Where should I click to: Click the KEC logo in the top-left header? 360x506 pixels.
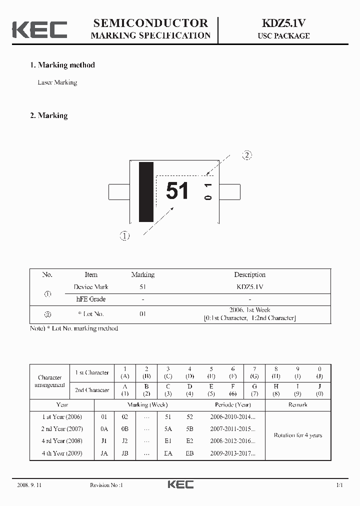(39, 29)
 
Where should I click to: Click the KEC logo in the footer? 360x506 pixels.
(180, 484)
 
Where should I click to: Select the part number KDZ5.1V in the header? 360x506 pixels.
(283, 23)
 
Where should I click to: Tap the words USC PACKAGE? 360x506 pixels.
(283, 36)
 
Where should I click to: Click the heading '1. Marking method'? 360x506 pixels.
(62, 65)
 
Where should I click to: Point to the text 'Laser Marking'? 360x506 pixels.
(57, 82)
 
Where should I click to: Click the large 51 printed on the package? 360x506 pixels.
(177, 191)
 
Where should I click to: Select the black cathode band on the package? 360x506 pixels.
(146, 192)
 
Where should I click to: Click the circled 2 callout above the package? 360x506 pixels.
(247, 155)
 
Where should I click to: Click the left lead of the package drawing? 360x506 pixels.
(119, 191)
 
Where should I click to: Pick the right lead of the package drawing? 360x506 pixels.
(229, 191)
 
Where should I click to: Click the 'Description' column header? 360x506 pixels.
(249, 274)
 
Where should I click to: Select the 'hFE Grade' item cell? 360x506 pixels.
(91, 299)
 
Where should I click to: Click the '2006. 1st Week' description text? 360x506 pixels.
(249, 310)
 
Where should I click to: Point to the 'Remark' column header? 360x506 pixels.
(297, 404)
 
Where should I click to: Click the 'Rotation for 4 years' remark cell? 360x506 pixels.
(297, 435)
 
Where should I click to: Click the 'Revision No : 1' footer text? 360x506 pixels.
(106, 485)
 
